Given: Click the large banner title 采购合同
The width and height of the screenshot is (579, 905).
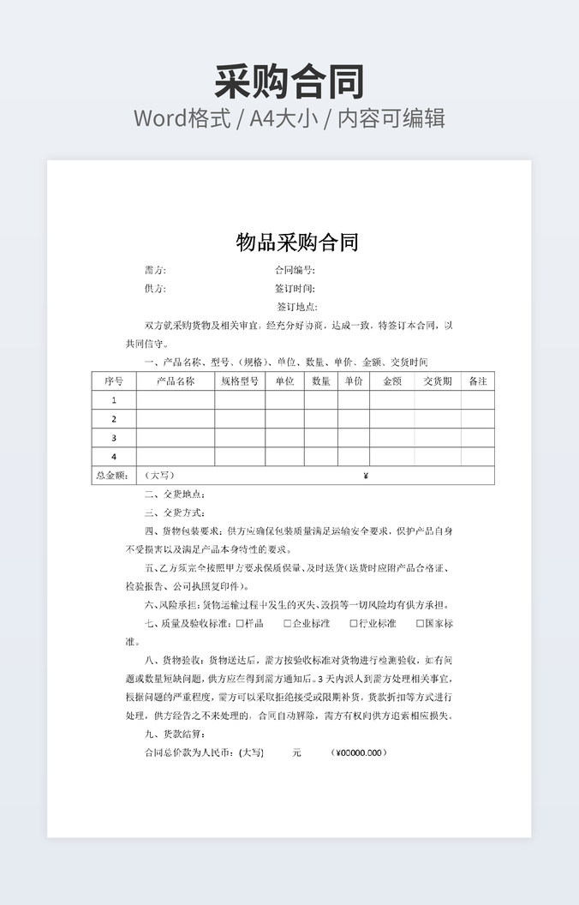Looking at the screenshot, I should click(289, 81).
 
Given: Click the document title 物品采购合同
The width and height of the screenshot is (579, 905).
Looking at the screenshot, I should click(296, 243).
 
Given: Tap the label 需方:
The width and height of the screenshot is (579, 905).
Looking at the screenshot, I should click(155, 270).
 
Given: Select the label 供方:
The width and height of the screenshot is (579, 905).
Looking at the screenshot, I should click(155, 289).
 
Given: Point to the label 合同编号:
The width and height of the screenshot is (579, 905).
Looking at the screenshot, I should click(295, 270).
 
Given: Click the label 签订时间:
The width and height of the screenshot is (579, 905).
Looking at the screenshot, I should click(295, 289).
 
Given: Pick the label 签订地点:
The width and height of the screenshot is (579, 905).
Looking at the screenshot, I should click(296, 307).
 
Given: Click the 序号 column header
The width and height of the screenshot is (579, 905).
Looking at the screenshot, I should click(114, 381).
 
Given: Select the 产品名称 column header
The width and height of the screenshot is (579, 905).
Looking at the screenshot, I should click(176, 381).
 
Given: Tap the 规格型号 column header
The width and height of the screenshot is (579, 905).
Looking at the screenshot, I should click(240, 381).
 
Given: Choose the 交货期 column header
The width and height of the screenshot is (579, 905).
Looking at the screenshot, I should click(438, 381).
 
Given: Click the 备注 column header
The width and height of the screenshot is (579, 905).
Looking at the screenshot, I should click(478, 381).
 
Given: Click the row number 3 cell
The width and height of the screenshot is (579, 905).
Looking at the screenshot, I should click(114, 438).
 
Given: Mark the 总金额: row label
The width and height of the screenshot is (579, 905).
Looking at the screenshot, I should click(112, 476).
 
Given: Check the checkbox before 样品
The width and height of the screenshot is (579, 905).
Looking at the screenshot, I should click(239, 624).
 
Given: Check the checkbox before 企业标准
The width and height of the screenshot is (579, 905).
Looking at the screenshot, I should click(288, 624).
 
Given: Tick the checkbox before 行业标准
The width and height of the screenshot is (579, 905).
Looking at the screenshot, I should click(353, 624).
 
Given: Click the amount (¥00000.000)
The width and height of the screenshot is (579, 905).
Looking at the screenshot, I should click(359, 753).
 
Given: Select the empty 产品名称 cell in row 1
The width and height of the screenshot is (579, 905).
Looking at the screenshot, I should click(176, 400).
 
